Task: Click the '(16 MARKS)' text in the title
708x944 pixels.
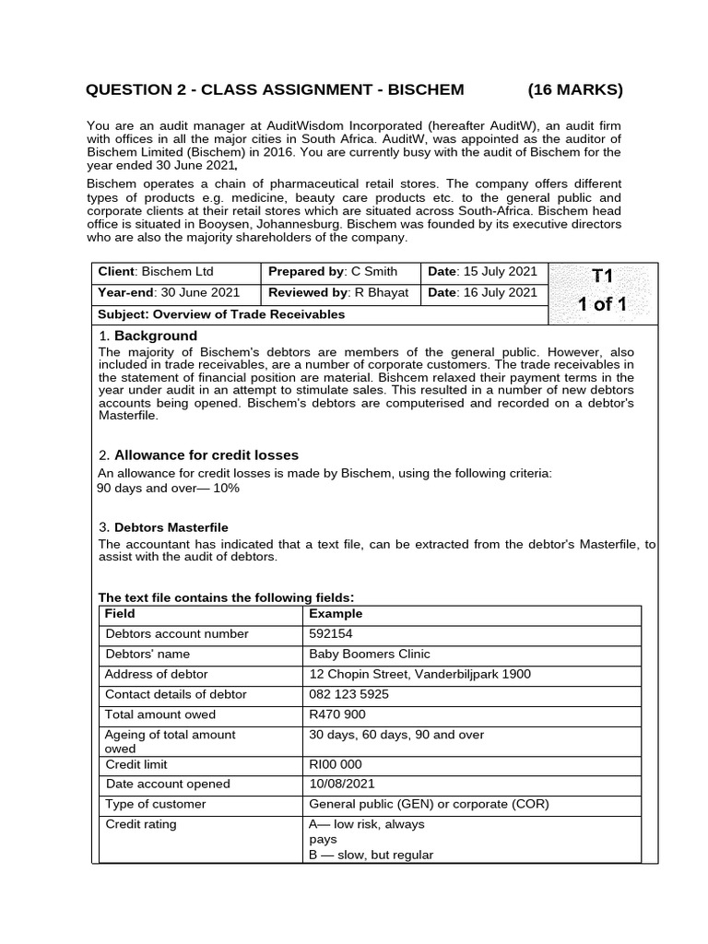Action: point(575,89)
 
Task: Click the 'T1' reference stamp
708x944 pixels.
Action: point(602,276)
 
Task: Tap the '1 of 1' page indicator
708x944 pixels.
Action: point(602,304)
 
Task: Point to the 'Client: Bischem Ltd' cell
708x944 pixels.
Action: point(156,272)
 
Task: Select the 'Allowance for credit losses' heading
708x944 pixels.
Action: point(206,455)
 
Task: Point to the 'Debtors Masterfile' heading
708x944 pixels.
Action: point(171,527)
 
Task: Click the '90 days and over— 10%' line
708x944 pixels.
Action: point(168,488)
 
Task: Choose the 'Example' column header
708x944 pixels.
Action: point(336,614)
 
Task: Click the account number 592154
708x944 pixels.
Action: point(330,634)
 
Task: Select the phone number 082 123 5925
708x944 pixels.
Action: point(348,694)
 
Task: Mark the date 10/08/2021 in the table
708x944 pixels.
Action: point(340,785)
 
